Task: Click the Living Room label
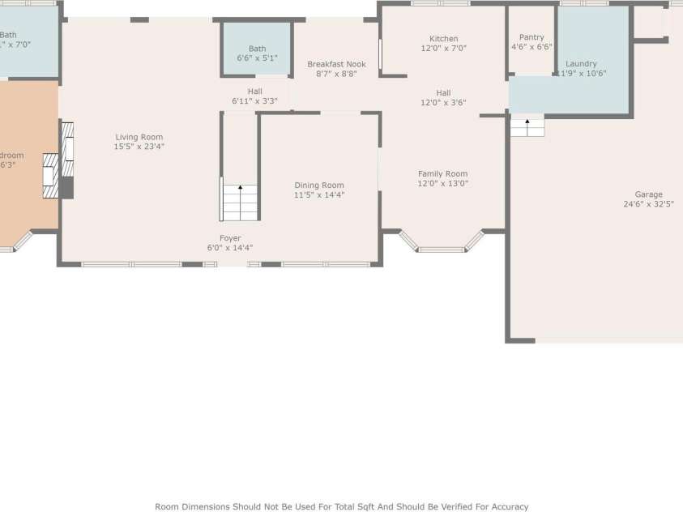pyautogui.click(x=139, y=137)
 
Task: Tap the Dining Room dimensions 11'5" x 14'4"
pyautogui.click(x=319, y=195)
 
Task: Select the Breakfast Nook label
pyautogui.click(x=336, y=64)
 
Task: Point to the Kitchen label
pyautogui.click(x=443, y=39)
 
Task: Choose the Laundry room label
pyautogui.click(x=581, y=64)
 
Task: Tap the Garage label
pyautogui.click(x=648, y=194)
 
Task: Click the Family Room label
pyautogui.click(x=442, y=173)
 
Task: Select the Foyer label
pyautogui.click(x=230, y=238)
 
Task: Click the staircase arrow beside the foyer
pyautogui.click(x=240, y=192)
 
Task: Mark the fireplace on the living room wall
pyautogui.click(x=65, y=160)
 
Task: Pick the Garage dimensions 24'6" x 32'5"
pyautogui.click(x=648, y=204)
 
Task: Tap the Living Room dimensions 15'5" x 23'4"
pyautogui.click(x=139, y=147)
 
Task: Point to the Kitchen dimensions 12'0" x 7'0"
pyautogui.click(x=443, y=49)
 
